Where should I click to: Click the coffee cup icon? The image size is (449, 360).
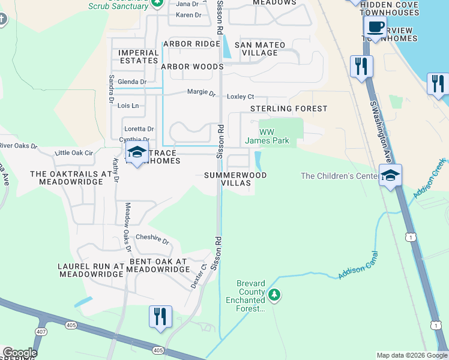click(376, 27)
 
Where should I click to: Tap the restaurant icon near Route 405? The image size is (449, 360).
click(160, 316)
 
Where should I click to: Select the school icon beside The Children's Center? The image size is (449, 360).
click(390, 175)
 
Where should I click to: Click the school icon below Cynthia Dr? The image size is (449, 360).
click(137, 153)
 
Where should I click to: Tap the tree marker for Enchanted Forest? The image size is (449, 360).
click(274, 295)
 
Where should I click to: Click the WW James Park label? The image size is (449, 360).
click(267, 137)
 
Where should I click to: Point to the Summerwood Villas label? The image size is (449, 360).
click(235, 179)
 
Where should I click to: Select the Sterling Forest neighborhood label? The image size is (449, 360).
click(289, 109)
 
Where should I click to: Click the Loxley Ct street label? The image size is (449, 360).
click(240, 97)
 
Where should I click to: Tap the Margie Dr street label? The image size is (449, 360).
click(202, 92)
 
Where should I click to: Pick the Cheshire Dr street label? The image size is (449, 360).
click(152, 239)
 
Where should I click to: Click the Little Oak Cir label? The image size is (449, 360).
click(74, 153)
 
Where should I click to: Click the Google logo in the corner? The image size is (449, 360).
click(19, 353)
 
